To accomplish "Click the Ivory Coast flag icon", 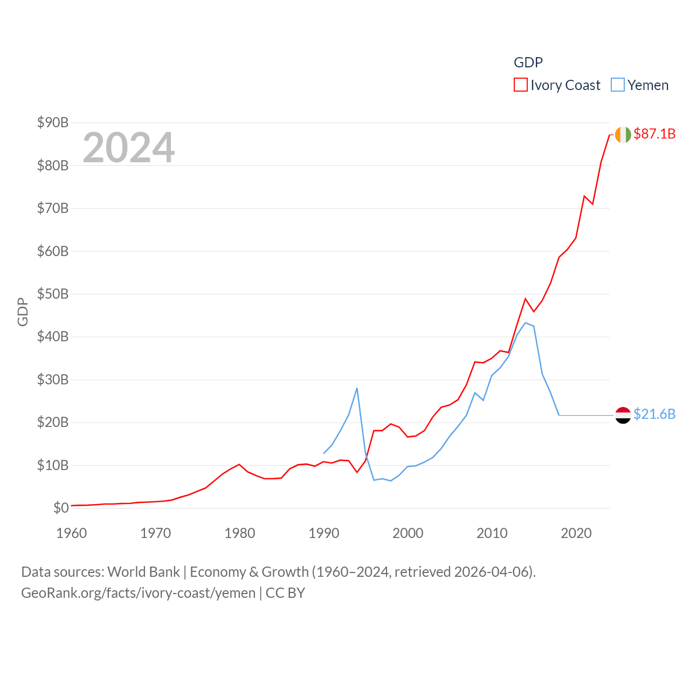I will (623, 134).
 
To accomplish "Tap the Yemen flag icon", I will (623, 415).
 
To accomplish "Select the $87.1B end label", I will (654, 134).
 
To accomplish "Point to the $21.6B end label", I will (654, 414).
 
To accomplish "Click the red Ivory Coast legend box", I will (520, 85).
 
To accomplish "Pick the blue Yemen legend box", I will (617, 85).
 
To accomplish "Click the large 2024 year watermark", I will (128, 147).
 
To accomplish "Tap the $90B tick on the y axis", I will (53, 123).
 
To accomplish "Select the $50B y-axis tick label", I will (53, 294).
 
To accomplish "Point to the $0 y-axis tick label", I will (61, 508).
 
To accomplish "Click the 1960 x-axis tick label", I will (72, 534).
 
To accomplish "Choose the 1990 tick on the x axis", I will (323, 534).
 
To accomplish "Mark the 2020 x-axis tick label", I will (576, 534).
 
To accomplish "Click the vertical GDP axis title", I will (23, 312).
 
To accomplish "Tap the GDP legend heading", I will (528, 63).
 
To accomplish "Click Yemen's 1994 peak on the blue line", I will (357, 388).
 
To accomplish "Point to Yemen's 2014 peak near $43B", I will (526, 323).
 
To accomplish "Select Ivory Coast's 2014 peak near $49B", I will (526, 299).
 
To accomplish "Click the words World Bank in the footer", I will (143, 572).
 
